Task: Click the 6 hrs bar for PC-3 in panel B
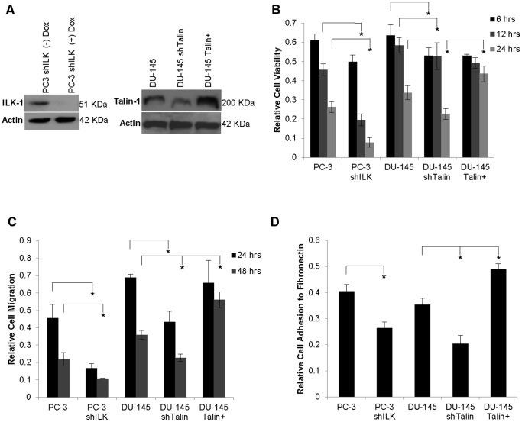315,98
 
